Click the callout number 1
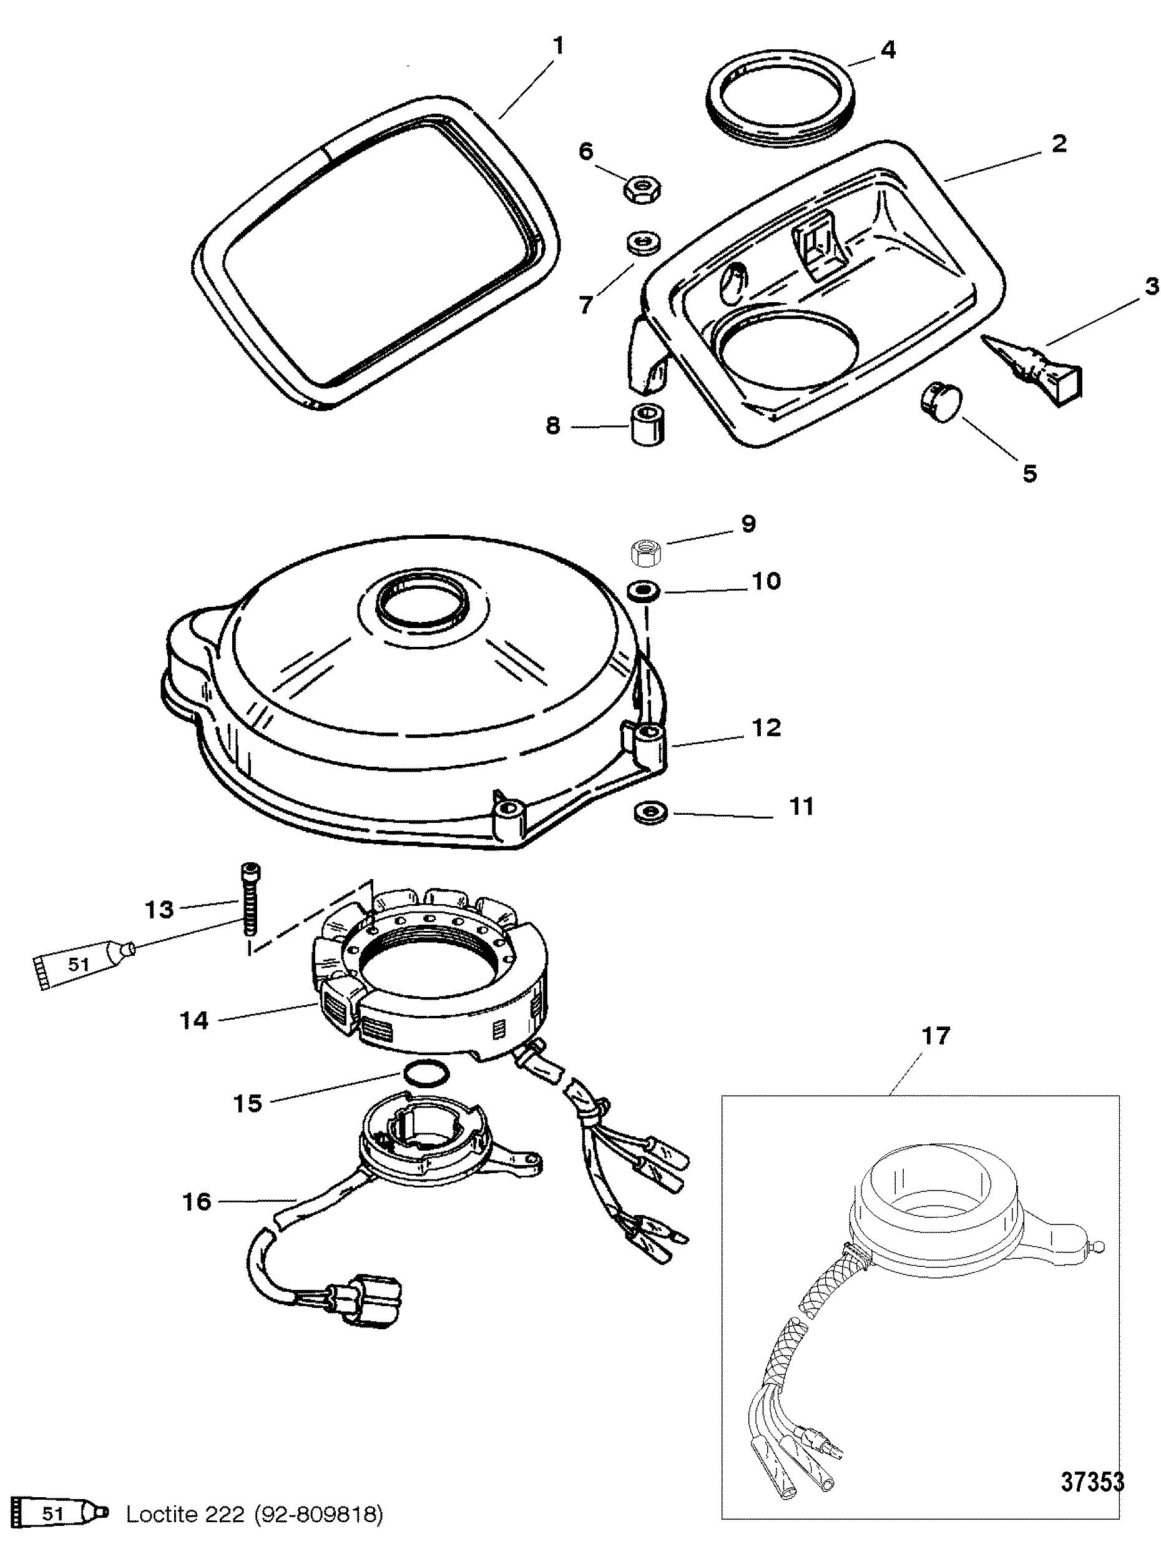coord(558,46)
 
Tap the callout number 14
coord(193,1020)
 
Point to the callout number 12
coord(766,728)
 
